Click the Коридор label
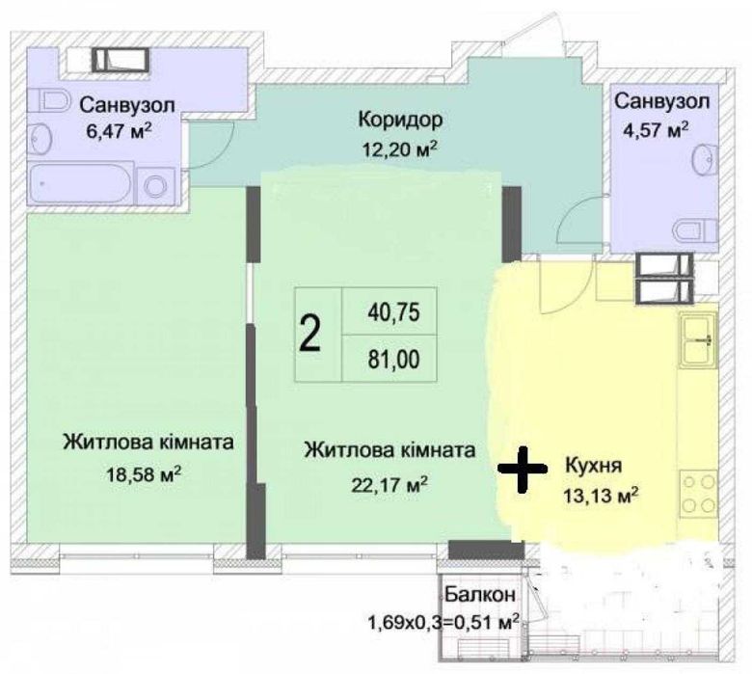coord(400,120)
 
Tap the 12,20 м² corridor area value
coord(400,149)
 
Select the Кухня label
coord(594,466)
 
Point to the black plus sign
coord(523,470)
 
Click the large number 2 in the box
coord(309,335)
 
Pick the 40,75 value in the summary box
coord(393,312)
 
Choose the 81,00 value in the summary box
coord(393,360)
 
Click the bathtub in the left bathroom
coord(81,185)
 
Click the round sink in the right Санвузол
coord(706,158)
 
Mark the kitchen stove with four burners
coord(698,493)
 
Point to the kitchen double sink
coord(699,338)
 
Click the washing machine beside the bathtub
coord(156,186)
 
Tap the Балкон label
coord(480,594)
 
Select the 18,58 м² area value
coord(144,474)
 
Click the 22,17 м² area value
coord(389,485)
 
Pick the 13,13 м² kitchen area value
coord(601,495)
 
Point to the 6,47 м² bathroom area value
coord(119,131)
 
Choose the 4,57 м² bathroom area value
coord(656,129)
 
